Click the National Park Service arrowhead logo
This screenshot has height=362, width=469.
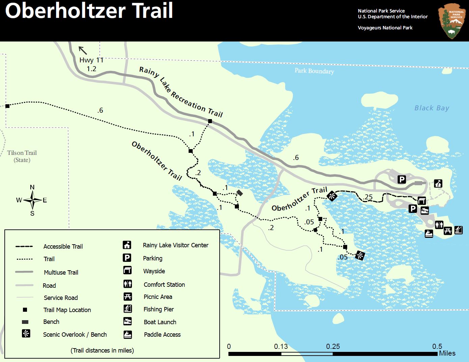click(451, 21)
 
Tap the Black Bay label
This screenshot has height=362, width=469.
click(432, 108)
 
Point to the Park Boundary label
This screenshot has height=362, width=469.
click(314, 71)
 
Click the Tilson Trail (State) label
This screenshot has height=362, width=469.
click(22, 156)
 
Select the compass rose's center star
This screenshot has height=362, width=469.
click(32, 200)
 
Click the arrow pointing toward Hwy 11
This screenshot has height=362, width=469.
click(83, 50)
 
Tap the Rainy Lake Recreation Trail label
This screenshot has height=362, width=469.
click(181, 92)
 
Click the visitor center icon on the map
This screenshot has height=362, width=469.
click(438, 183)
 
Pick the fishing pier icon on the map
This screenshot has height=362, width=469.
click(458, 230)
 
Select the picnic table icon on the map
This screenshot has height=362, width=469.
click(448, 230)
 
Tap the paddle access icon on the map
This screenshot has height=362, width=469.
click(429, 233)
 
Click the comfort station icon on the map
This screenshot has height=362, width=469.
click(439, 225)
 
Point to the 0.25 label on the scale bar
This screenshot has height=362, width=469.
click(333, 346)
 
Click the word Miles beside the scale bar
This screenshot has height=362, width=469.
click(447, 353)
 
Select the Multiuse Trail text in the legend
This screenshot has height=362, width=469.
click(61, 272)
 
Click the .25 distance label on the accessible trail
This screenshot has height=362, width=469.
click(368, 197)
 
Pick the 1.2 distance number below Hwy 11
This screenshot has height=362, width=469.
click(91, 69)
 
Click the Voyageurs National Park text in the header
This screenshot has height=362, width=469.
click(385, 28)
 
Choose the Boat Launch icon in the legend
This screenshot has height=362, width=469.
click(127, 322)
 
